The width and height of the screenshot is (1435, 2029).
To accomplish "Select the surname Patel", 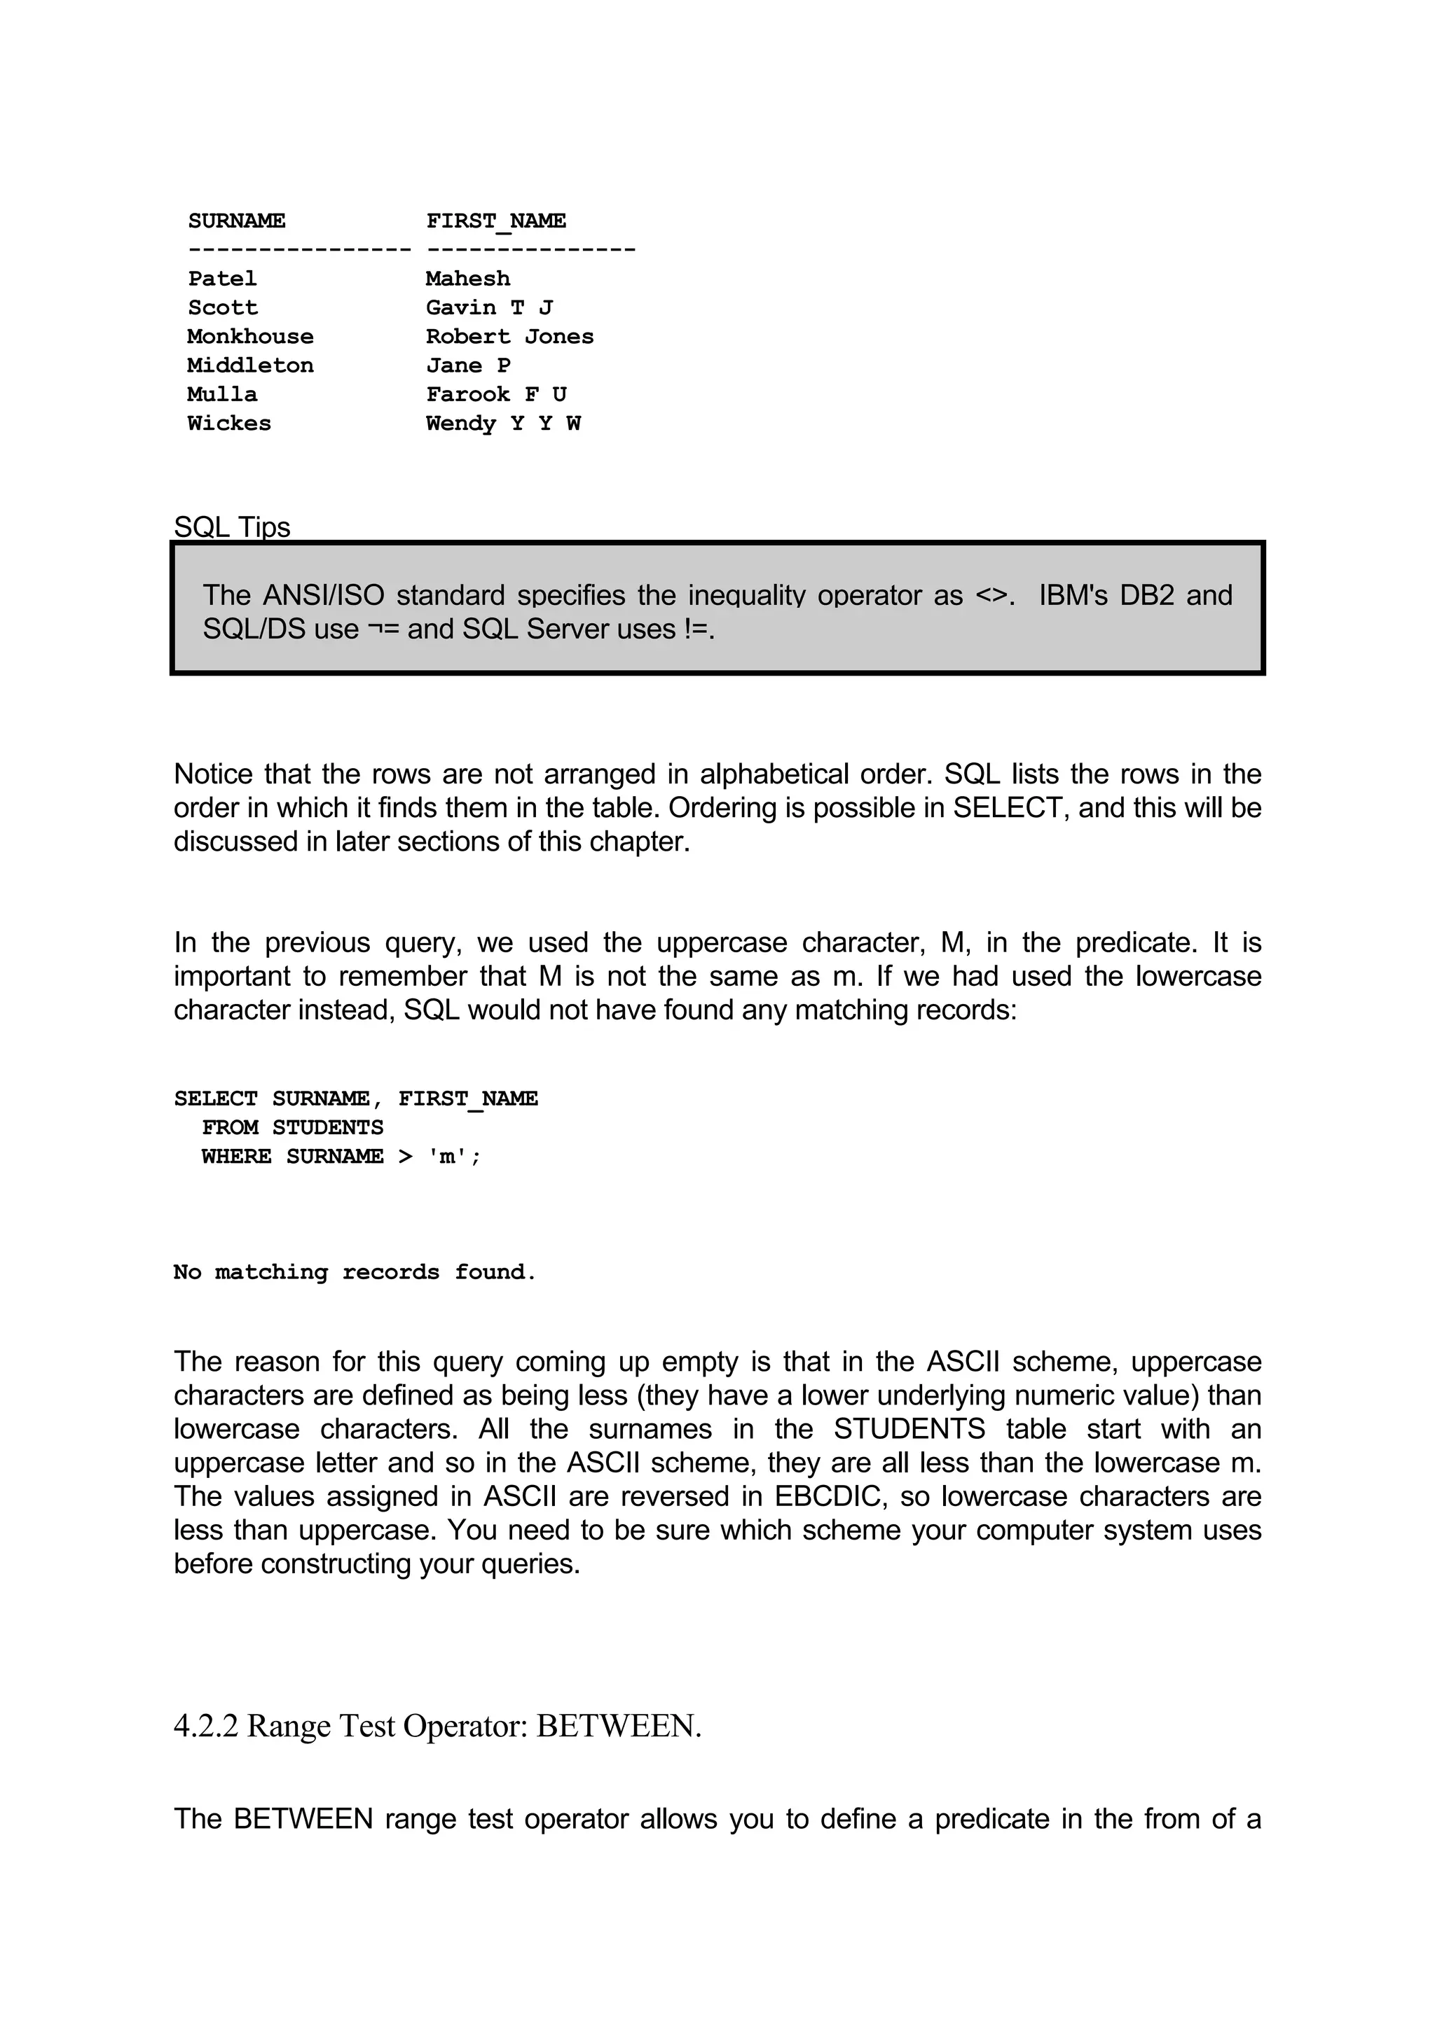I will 222,279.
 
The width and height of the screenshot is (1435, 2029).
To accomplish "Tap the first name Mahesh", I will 468,279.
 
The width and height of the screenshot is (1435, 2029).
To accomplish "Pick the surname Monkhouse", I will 250,337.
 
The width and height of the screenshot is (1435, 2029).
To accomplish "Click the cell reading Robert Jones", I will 509,337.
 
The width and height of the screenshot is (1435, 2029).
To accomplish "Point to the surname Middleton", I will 250,366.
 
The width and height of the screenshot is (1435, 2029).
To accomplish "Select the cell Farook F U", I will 496,394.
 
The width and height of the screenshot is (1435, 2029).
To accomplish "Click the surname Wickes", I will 229,424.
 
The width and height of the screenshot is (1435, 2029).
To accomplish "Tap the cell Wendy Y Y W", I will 503,424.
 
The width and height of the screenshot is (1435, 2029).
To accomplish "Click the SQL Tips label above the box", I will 232,527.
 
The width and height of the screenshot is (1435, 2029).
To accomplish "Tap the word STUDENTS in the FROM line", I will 327,1128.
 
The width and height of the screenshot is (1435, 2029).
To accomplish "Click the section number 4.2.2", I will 206,1725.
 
